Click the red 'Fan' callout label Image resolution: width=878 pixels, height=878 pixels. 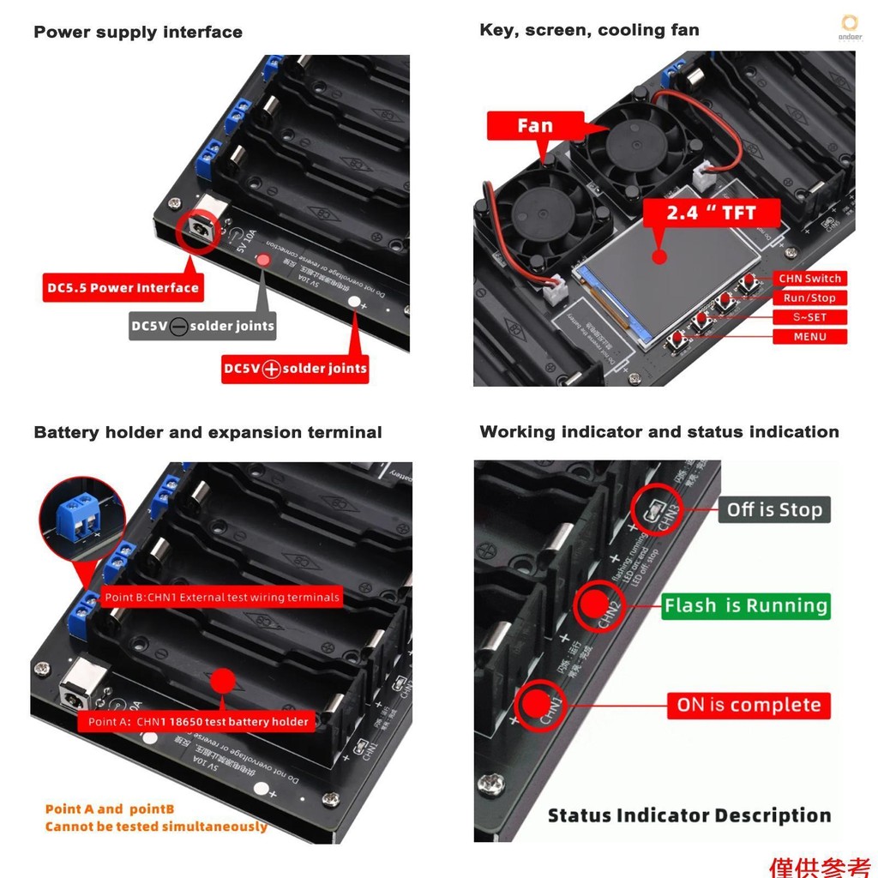[x=534, y=126]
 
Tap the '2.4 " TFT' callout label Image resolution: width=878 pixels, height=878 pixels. [x=711, y=212]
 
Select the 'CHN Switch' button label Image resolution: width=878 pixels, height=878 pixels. [x=809, y=279]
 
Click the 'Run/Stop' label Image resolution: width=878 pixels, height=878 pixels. [x=809, y=298]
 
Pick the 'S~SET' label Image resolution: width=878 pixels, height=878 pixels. [x=809, y=317]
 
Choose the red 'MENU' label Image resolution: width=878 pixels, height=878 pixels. [x=809, y=336]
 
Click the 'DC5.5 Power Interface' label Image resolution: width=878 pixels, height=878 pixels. [x=123, y=288]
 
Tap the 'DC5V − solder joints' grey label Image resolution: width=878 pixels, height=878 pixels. [x=202, y=326]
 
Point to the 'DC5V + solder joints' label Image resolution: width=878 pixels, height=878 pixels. [x=295, y=369]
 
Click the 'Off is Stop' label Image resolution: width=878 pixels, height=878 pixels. [x=774, y=510]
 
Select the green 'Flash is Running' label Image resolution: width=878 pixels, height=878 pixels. [x=746, y=606]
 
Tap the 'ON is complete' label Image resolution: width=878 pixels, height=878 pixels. [x=749, y=706]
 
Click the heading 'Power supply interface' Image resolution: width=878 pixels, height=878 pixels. [x=138, y=33]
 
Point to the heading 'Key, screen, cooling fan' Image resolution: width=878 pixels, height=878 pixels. [x=589, y=30]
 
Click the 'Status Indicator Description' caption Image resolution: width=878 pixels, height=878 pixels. [x=689, y=815]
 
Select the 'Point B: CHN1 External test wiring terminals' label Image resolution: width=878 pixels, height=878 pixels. [x=222, y=598]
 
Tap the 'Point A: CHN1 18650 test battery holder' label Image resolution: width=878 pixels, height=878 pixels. [x=198, y=722]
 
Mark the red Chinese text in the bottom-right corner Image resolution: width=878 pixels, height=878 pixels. [x=820, y=866]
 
